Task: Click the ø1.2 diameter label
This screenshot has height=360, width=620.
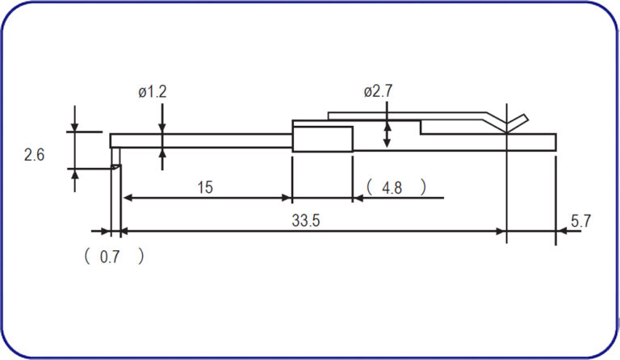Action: [x=153, y=92]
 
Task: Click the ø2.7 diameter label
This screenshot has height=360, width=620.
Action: [x=378, y=91]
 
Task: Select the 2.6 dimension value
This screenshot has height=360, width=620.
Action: [x=34, y=154]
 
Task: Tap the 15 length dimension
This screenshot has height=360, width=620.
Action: [x=205, y=187]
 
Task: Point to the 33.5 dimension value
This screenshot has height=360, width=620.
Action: [x=306, y=220]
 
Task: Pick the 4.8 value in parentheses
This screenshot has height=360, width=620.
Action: [x=392, y=188]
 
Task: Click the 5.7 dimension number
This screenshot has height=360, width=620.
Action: [x=580, y=221]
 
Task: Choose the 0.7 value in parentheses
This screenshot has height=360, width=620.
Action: [x=110, y=257]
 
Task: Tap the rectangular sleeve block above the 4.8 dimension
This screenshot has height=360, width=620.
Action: [x=323, y=139]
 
